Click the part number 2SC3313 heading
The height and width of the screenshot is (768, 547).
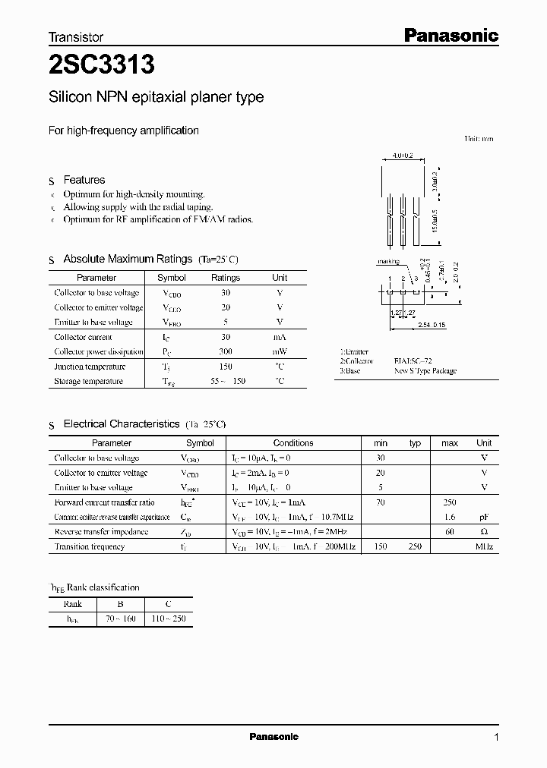point(102,66)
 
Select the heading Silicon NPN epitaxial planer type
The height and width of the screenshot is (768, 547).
point(157,97)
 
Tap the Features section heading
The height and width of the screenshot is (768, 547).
point(84,180)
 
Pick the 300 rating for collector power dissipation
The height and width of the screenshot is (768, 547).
point(225,351)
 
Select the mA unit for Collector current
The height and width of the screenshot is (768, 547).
point(280,337)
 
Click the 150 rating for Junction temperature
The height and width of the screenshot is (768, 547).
point(225,367)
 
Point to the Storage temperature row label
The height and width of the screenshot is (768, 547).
point(88,381)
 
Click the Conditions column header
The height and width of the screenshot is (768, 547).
point(293,442)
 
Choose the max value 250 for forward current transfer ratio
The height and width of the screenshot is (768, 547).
point(451,502)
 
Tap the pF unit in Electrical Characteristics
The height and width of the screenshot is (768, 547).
point(484,517)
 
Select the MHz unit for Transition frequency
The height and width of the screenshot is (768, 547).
point(484,546)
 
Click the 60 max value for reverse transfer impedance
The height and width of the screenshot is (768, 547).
point(451,532)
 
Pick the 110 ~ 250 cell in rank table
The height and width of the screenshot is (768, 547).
point(168,619)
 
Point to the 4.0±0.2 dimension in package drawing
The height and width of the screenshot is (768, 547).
point(403,156)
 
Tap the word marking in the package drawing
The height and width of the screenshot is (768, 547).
point(388,262)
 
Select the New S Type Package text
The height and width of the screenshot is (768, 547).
point(425,371)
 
